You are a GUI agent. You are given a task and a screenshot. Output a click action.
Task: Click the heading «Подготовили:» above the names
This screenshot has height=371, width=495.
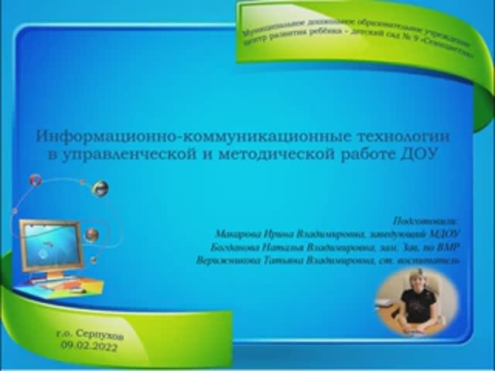point(430,219)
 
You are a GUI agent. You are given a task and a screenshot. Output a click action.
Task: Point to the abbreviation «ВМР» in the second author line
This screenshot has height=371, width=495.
point(447,247)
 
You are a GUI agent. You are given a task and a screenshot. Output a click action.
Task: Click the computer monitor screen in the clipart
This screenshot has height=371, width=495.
point(50,246)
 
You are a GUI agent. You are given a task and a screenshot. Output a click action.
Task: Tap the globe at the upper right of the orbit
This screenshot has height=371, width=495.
point(99,188)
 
